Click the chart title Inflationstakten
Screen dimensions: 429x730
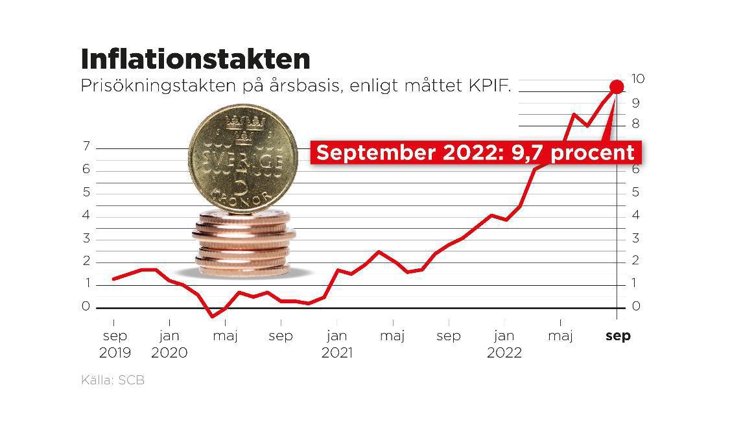195,59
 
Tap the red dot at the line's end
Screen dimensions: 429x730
617,86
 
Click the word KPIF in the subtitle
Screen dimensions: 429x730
489,86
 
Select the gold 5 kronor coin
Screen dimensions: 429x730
243,159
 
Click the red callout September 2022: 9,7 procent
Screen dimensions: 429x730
475,153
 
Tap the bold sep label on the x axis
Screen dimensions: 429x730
617,336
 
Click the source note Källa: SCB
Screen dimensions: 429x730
113,380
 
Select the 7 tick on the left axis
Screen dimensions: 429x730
86,146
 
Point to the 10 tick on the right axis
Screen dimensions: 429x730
638,79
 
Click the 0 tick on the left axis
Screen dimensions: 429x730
86,307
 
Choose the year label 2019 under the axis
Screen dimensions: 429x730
115,353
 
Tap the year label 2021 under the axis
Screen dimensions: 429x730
336,353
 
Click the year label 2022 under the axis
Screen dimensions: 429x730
504,353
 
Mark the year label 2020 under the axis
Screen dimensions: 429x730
169,353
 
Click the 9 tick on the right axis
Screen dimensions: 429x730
636,102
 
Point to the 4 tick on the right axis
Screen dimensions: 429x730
636,214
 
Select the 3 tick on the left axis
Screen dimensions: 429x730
86,238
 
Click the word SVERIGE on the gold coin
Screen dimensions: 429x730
243,160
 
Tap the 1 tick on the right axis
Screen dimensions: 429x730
636,283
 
